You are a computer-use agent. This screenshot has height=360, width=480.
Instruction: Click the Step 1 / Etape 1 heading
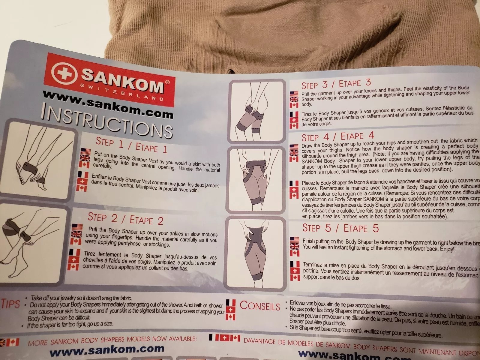131,145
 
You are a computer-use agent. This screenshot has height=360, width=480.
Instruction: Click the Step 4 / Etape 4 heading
337,136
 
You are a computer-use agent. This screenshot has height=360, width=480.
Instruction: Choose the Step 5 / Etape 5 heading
340,228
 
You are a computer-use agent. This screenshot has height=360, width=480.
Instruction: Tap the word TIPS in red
11,303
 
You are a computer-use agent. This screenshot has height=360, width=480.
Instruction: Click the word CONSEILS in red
260,305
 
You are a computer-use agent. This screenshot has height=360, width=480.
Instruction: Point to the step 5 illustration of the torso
254,252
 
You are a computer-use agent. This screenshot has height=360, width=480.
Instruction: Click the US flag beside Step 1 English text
85,151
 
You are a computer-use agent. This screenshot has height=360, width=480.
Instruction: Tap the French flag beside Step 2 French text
74,252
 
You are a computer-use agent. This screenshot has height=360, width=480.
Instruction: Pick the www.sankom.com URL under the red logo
108,103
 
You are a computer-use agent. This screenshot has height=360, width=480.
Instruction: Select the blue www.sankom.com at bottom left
107,349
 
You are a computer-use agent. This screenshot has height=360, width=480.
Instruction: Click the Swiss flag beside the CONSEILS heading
230,310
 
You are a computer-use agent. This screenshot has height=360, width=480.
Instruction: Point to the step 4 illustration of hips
255,180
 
